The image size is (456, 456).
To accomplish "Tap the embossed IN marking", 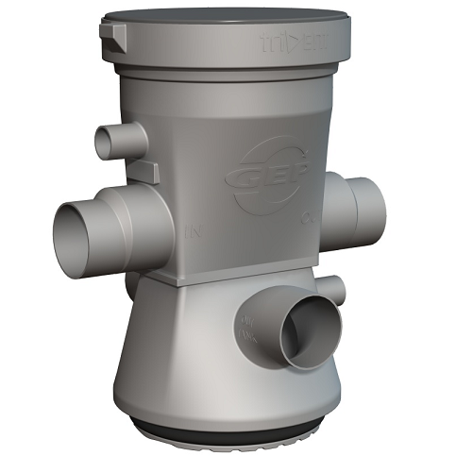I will (x=195, y=229).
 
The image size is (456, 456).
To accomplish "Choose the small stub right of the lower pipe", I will (x=334, y=287).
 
